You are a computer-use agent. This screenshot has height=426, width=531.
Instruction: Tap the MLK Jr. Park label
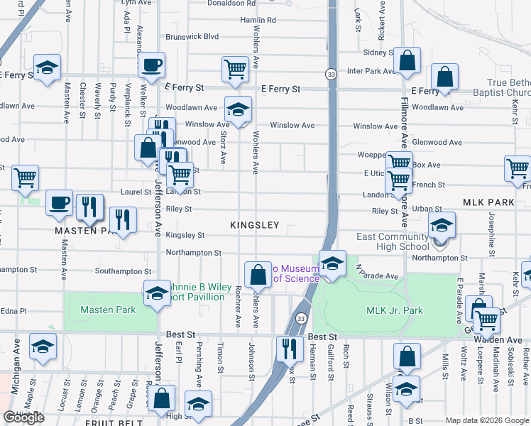click(394, 310)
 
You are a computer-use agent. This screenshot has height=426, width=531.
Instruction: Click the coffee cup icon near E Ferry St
click(152, 66)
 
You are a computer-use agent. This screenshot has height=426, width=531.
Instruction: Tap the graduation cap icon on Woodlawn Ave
click(239, 110)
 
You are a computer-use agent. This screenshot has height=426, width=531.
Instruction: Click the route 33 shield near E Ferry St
click(331, 74)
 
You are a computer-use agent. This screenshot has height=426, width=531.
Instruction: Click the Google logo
click(23, 417)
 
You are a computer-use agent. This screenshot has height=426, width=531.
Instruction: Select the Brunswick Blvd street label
click(192, 36)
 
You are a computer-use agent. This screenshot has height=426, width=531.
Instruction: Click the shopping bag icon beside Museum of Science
click(258, 273)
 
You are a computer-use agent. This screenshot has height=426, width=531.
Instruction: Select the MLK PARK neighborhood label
click(488, 203)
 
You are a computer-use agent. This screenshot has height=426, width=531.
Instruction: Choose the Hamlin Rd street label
click(257, 20)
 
